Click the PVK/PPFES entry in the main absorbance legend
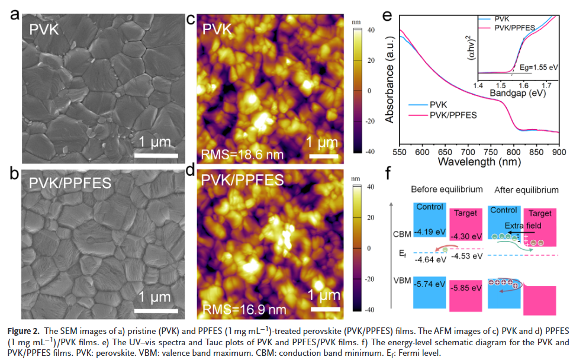[453, 114]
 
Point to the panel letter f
[388, 173]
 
